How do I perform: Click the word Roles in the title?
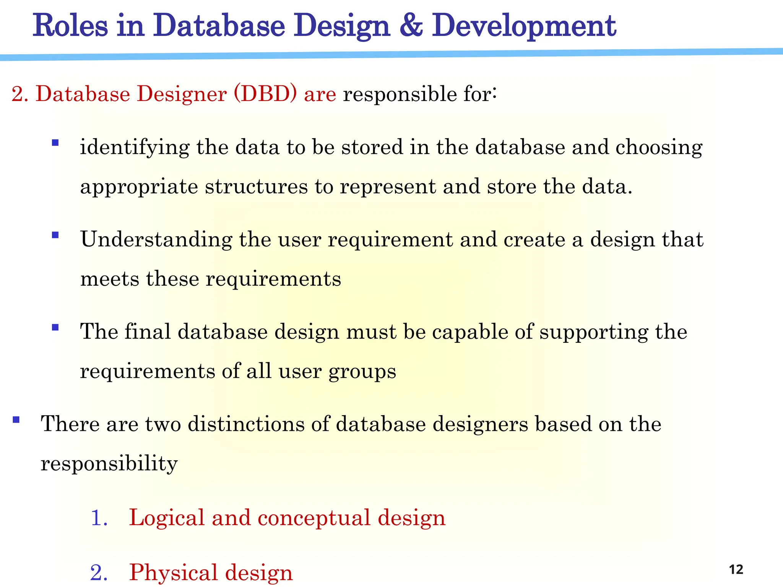70,26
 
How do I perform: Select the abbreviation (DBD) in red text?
265,93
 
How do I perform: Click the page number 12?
736,569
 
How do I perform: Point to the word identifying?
135,148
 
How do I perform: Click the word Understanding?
156,240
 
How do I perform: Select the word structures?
256,187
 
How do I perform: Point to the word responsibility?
109,464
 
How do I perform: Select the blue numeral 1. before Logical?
99,519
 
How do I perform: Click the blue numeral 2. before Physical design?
99,573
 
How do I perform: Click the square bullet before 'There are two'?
16,420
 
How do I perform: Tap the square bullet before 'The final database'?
55,328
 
